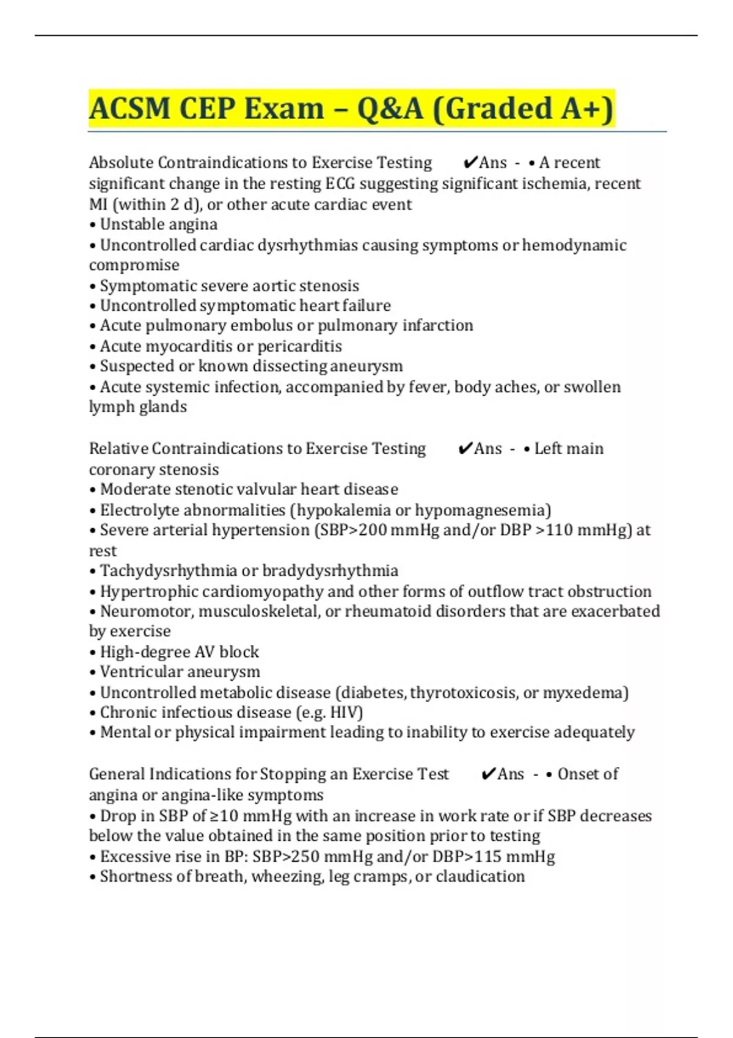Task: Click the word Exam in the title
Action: point(284,109)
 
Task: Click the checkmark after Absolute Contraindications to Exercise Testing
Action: point(470,163)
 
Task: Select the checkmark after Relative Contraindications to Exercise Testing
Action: point(465,449)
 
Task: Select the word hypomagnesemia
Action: point(483,510)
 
